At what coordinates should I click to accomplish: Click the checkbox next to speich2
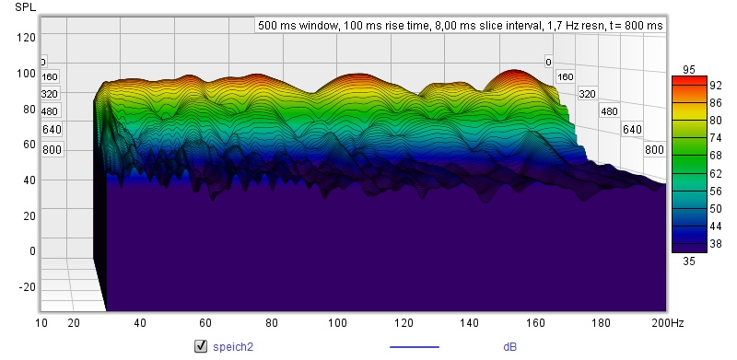click(x=201, y=346)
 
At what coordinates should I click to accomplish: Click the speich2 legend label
click(x=233, y=347)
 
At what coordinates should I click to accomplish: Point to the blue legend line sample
click(x=415, y=347)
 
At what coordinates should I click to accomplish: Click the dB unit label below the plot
click(x=510, y=347)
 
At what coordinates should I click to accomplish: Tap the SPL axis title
click(x=26, y=7)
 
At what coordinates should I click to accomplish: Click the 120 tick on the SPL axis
click(x=27, y=37)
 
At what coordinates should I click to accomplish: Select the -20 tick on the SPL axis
click(x=27, y=287)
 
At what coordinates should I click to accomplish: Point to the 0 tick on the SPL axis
click(x=32, y=251)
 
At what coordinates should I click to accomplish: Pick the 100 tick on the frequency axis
click(x=338, y=323)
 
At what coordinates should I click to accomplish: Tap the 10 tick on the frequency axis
click(x=41, y=323)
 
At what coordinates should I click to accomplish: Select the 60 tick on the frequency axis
click(x=205, y=323)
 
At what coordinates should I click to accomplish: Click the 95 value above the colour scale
click(x=688, y=70)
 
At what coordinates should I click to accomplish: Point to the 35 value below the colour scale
click(x=688, y=261)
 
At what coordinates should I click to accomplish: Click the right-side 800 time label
click(x=654, y=150)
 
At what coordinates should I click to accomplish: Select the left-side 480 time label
click(x=50, y=111)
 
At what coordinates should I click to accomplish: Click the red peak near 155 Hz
click(x=515, y=75)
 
